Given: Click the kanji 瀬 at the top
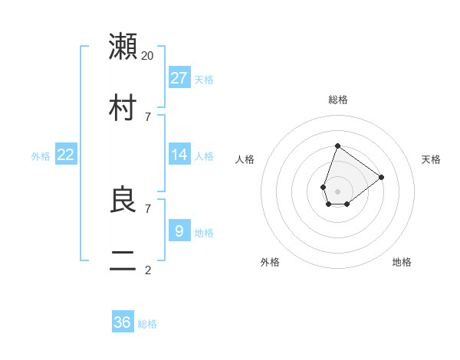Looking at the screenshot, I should [x=123, y=46].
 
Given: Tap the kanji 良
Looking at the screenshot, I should [x=123, y=200].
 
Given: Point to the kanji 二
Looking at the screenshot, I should [x=123, y=260].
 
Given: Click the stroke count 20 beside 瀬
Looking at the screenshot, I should [x=148, y=55].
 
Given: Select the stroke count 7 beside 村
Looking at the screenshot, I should [x=148, y=116].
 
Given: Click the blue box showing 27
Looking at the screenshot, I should [x=179, y=77].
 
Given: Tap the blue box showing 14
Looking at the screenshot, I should [x=179, y=154].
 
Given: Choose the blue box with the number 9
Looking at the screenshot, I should [x=179, y=231].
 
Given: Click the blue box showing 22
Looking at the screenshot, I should [x=66, y=154].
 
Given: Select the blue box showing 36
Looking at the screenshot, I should [x=123, y=322].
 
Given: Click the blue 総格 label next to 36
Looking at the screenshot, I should [x=147, y=324].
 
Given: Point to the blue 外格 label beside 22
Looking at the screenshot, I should [x=41, y=156].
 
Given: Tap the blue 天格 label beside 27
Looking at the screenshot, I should [x=203, y=80].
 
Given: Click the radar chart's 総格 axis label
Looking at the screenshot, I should [x=337, y=100].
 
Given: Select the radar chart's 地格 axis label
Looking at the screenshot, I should [x=402, y=262].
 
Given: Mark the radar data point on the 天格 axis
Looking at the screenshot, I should [x=381, y=177].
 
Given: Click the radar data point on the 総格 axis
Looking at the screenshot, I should [x=337, y=146].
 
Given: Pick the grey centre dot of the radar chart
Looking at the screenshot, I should [x=337, y=191].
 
